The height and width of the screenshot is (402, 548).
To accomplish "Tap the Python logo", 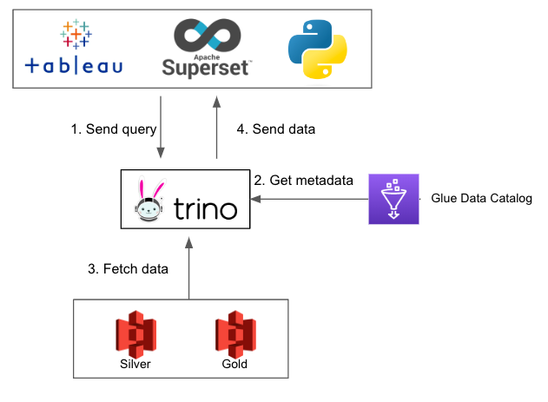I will [x=317, y=46].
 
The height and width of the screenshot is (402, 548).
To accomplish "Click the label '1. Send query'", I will [x=114, y=129].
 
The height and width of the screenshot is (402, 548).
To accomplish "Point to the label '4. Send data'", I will [x=276, y=129].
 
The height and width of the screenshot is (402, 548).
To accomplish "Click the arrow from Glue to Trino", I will [x=313, y=199].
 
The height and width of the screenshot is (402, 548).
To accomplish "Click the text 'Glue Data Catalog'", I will [x=481, y=199].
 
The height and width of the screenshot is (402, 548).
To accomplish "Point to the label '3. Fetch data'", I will [x=128, y=268].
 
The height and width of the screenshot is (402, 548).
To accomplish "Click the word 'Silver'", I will [x=135, y=364].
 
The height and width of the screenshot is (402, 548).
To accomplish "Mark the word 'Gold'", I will [x=234, y=364].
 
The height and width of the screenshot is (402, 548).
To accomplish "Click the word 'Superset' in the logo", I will [x=207, y=67].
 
